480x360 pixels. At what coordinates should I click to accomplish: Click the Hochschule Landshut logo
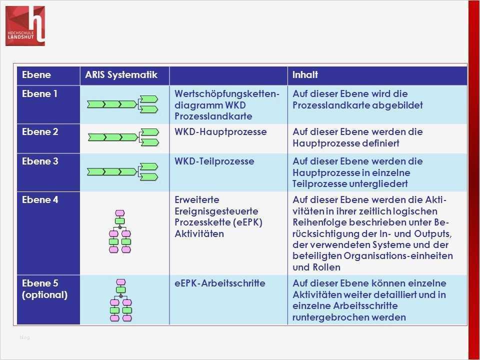25,25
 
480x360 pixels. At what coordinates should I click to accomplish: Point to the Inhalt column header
305,75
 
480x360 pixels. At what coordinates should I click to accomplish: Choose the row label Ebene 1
39,94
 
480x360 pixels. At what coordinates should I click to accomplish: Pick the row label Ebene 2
39,132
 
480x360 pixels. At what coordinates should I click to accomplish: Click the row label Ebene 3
39,161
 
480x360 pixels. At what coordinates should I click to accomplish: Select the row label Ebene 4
39,200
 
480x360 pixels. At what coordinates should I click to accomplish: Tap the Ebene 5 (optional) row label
44,289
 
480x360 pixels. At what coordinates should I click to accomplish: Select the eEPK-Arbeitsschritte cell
220,283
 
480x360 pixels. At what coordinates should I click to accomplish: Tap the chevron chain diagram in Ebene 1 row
123,104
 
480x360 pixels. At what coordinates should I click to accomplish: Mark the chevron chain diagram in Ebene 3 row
123,171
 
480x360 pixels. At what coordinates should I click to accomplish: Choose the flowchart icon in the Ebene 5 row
120,300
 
